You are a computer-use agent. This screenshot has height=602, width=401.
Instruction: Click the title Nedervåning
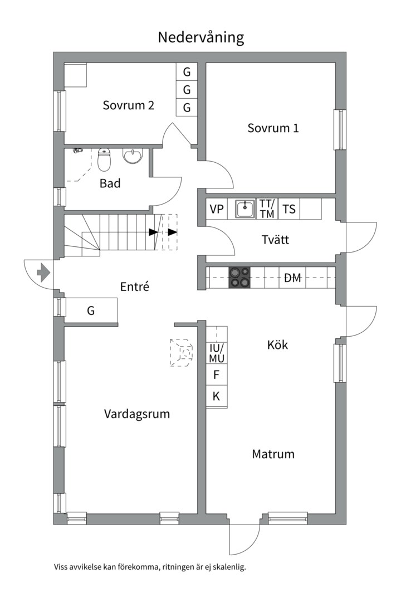coord(200,37)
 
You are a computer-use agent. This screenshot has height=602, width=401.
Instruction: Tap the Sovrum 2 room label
coord(128,105)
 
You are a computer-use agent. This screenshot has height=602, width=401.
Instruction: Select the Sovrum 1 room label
coord(273,128)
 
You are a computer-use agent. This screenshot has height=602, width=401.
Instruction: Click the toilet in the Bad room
coord(104,160)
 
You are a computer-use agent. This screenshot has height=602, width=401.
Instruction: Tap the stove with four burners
coord(239,278)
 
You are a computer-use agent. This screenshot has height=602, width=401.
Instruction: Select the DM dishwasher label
coord(292,278)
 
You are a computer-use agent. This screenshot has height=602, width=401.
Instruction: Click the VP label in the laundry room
coord(217,210)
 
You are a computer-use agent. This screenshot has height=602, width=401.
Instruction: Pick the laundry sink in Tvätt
coord(244,210)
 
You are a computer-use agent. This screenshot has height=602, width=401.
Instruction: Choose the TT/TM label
coord(267,210)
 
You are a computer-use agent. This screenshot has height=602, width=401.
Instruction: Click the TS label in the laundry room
coord(289,210)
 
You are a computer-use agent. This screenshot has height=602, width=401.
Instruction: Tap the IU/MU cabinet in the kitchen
coord(217,353)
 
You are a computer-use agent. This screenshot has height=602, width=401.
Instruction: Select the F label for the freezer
coord(217,375)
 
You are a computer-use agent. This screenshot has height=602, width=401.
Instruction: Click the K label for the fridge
coord(217,396)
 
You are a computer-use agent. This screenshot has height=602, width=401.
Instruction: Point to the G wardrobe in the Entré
coord(91,310)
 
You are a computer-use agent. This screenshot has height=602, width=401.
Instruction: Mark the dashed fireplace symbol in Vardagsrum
coord(182,352)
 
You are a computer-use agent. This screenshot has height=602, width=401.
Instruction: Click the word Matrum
coord(273,454)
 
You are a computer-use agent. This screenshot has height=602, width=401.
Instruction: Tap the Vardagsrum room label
coord(136,414)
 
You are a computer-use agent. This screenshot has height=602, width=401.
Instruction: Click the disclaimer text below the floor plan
coord(150,567)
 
